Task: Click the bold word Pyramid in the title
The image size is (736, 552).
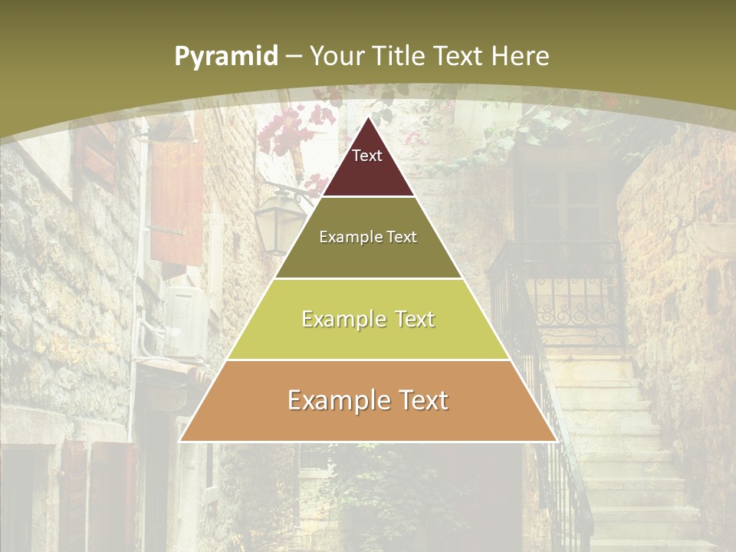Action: (226, 57)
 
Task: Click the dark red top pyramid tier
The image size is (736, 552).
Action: (368, 172)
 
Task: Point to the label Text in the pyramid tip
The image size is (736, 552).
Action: (367, 156)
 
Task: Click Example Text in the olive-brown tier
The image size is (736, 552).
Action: (368, 237)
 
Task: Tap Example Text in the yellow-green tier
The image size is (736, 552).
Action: (368, 319)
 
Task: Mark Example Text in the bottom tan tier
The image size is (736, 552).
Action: (368, 400)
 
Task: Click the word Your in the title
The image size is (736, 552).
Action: (337, 56)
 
